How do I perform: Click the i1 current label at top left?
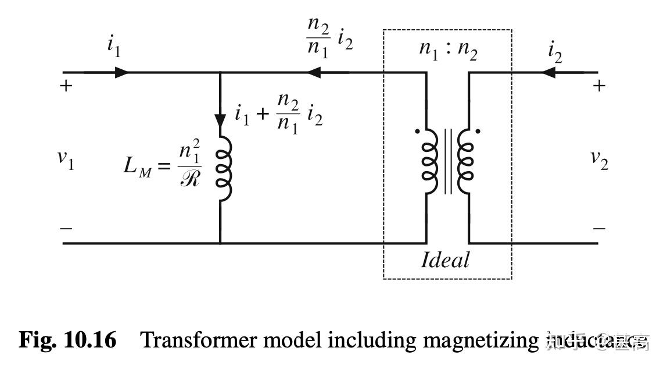coord(114,47)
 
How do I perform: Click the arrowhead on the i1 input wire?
coord(122,73)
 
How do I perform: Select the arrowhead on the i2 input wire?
coord(548,73)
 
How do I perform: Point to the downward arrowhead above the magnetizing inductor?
coord(220,121)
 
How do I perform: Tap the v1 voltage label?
coord(66,159)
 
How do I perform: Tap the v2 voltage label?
coord(599,159)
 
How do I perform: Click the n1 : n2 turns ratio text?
coord(448,49)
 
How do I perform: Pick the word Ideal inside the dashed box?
coord(446,260)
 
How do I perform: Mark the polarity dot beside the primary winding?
coord(417,132)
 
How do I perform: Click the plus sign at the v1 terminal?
coord(66,87)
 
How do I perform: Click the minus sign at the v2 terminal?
coord(599,228)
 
